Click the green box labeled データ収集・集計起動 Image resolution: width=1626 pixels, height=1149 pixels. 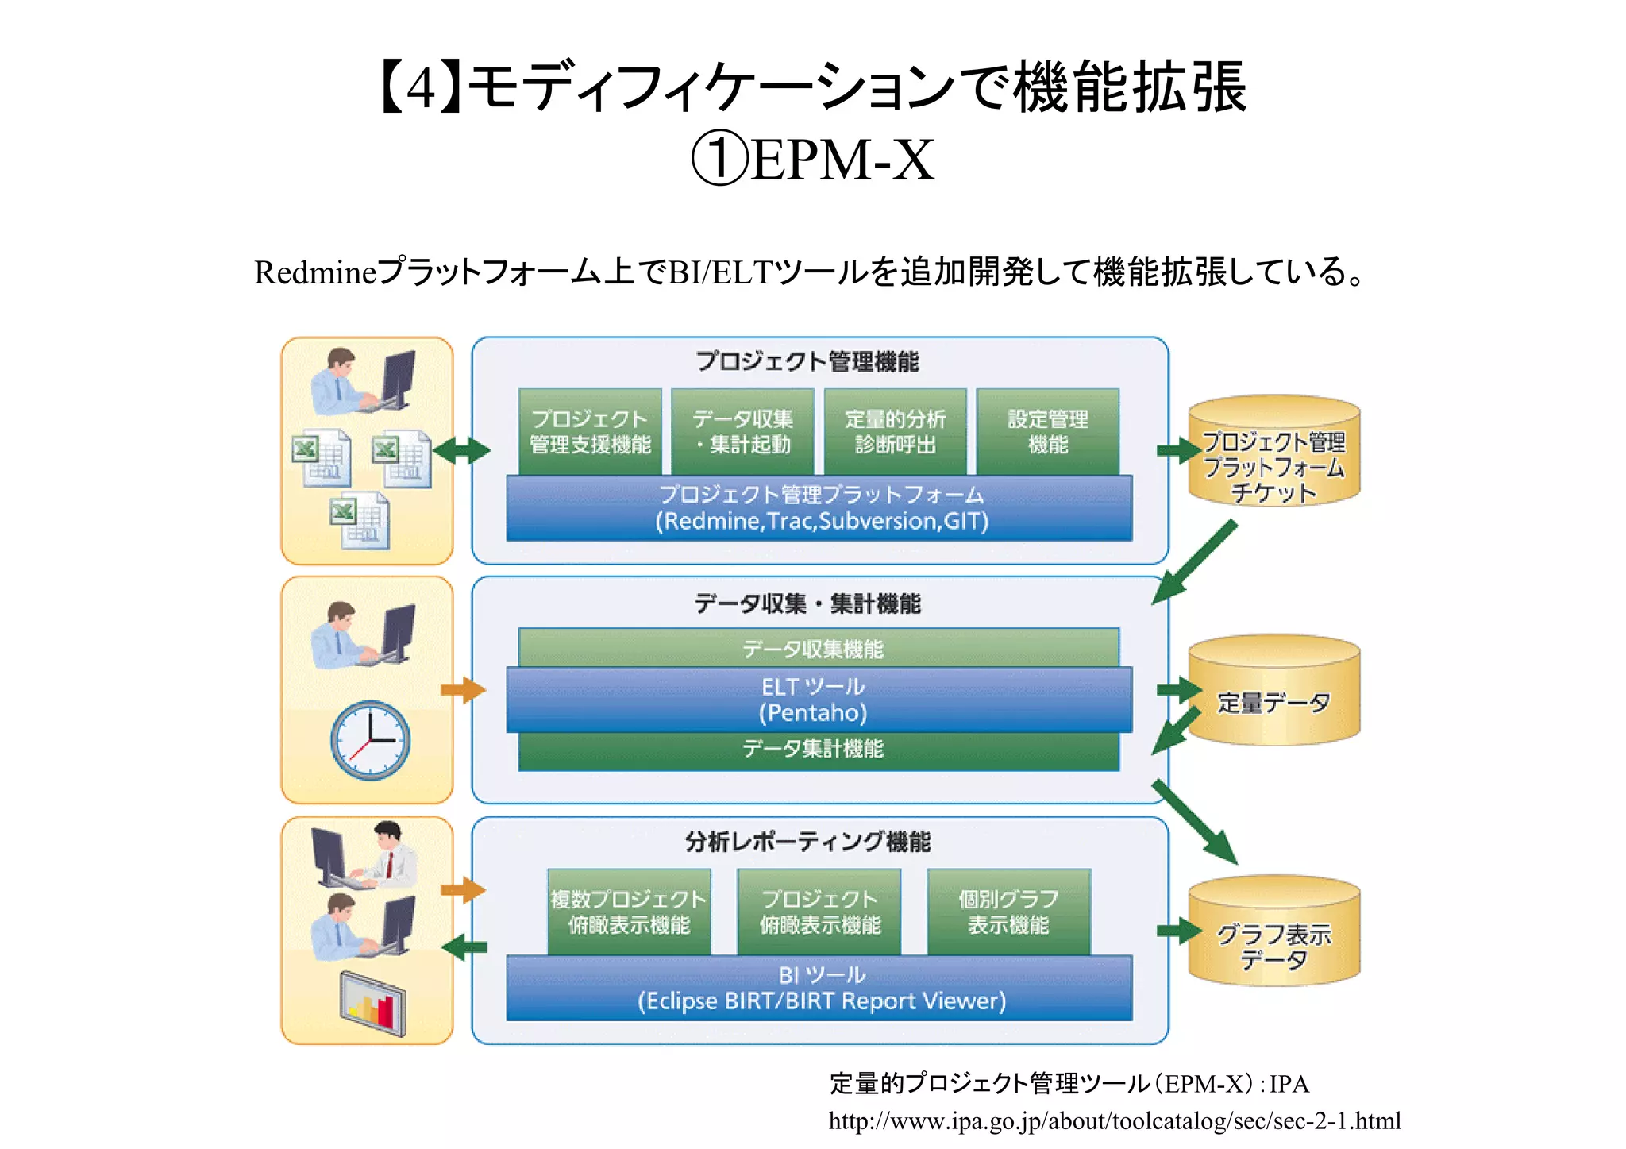tap(742, 431)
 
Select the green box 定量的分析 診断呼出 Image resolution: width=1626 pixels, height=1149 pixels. tap(895, 431)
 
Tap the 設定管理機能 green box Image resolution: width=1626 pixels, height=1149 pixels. tap(1047, 431)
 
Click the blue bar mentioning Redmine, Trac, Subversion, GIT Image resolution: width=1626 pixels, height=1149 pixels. tap(819, 508)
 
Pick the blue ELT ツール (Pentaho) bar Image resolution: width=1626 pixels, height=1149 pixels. tap(819, 700)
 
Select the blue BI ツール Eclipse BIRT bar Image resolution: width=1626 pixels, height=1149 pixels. tap(819, 988)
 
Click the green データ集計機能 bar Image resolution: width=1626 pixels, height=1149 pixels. tap(818, 750)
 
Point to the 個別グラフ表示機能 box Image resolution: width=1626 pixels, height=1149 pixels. tap(1008, 912)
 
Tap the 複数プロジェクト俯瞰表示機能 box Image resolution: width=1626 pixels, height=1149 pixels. tap(629, 912)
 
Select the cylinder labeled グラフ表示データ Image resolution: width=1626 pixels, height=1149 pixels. tap(1273, 934)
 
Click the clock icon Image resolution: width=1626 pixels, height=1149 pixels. tap(370, 740)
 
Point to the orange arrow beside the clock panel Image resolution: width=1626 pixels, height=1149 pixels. tap(463, 689)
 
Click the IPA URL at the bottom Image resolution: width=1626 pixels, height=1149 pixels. tap(1114, 1121)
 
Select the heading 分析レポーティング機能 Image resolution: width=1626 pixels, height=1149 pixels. tap(807, 842)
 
